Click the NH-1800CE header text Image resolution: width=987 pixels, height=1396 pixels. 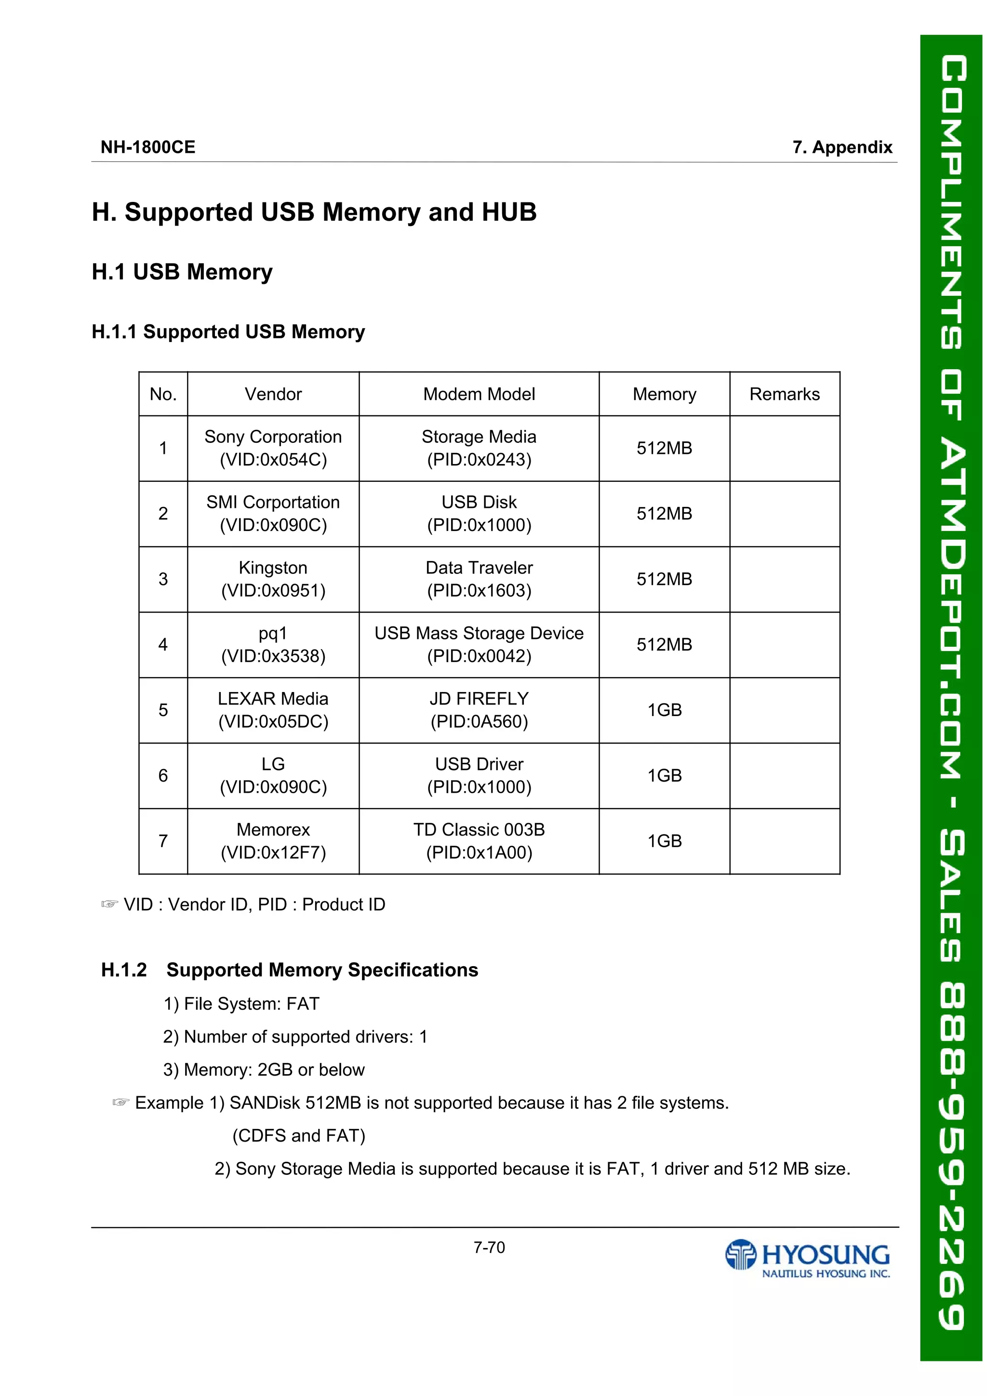[x=148, y=147]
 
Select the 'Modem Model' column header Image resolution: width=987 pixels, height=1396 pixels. [x=479, y=394]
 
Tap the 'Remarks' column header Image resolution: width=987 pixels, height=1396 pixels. [x=784, y=394]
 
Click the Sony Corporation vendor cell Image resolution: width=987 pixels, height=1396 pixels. [x=273, y=448]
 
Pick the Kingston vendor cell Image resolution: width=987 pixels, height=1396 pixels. [x=273, y=579]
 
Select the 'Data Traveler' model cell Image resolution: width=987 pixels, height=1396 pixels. [x=479, y=579]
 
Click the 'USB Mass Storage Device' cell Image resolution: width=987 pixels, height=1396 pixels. [x=479, y=644]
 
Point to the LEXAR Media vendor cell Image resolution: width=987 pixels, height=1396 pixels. [x=273, y=709]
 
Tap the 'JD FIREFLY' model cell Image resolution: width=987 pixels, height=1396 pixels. [x=479, y=709]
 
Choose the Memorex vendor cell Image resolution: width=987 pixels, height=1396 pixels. [x=273, y=841]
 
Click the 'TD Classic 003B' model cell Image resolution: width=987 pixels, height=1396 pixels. [x=479, y=841]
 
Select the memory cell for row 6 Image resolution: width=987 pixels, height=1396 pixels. [x=664, y=775]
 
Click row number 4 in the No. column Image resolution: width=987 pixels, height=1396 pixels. [x=163, y=644]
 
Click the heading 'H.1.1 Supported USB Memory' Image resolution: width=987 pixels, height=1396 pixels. [x=228, y=332]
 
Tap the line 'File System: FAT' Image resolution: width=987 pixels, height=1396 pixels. [x=241, y=1004]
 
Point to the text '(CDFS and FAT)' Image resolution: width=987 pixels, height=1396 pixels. [x=299, y=1136]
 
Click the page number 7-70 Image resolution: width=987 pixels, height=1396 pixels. [x=489, y=1248]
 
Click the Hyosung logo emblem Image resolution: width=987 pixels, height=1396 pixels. [x=740, y=1254]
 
